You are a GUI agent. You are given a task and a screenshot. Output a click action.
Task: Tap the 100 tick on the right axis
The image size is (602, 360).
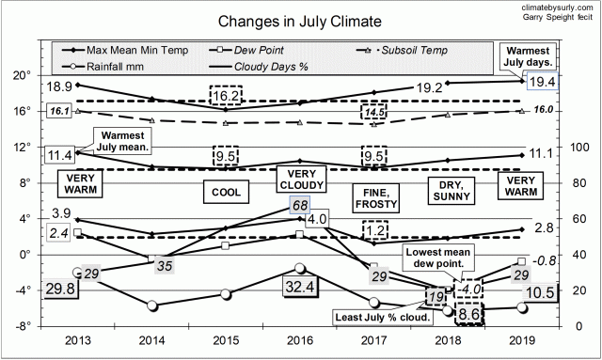581,148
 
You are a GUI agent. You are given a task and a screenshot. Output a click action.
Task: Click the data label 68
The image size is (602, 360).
300,205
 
